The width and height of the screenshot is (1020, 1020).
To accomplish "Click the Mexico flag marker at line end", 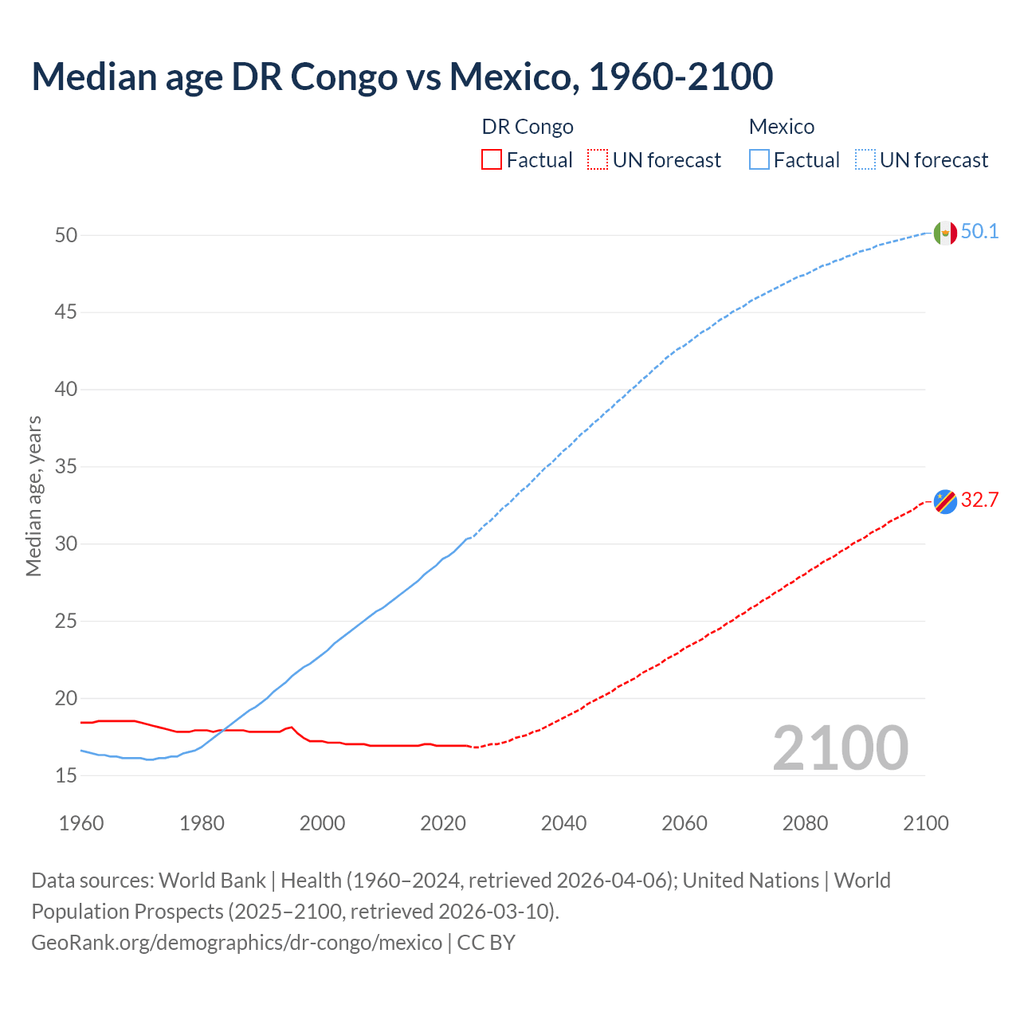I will point(945,233).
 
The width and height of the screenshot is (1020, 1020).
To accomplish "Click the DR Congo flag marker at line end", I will point(945,502).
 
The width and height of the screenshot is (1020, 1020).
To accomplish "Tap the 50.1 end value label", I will point(979,232).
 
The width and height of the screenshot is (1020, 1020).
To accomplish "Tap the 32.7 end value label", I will point(979,500).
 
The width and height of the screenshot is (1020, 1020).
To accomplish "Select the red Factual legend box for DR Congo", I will point(492,160).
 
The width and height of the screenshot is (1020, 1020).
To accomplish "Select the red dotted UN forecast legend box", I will point(598,160).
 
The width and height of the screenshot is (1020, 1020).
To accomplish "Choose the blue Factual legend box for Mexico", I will point(759,160).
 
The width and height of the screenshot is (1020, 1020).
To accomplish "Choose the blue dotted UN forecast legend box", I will point(865,160).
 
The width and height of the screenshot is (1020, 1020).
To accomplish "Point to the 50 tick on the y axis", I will point(66,235).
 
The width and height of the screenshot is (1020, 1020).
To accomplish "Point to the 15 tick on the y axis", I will point(66,775).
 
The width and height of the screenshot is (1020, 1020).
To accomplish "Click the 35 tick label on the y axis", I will point(66,466).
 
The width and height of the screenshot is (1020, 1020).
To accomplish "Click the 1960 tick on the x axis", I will point(81,823).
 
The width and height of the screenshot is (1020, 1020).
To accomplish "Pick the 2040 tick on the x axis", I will point(563,823).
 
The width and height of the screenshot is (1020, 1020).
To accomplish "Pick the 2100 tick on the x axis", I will point(925,823).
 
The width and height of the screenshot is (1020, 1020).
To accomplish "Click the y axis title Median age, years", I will point(33,496).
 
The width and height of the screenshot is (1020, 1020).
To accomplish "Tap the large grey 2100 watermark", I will point(840,748).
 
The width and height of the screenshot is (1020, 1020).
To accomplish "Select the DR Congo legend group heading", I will point(528,127).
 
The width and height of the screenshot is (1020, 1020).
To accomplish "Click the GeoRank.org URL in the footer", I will point(237,943).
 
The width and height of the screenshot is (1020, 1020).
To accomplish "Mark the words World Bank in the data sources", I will point(212,881).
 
